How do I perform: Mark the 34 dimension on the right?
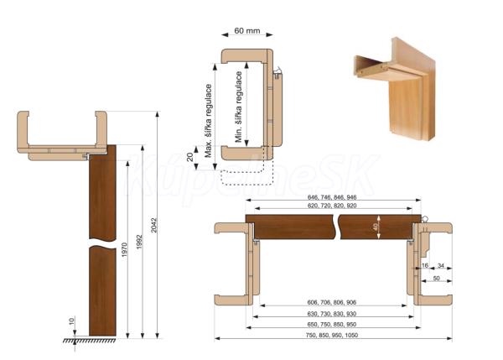coord(440,265)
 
